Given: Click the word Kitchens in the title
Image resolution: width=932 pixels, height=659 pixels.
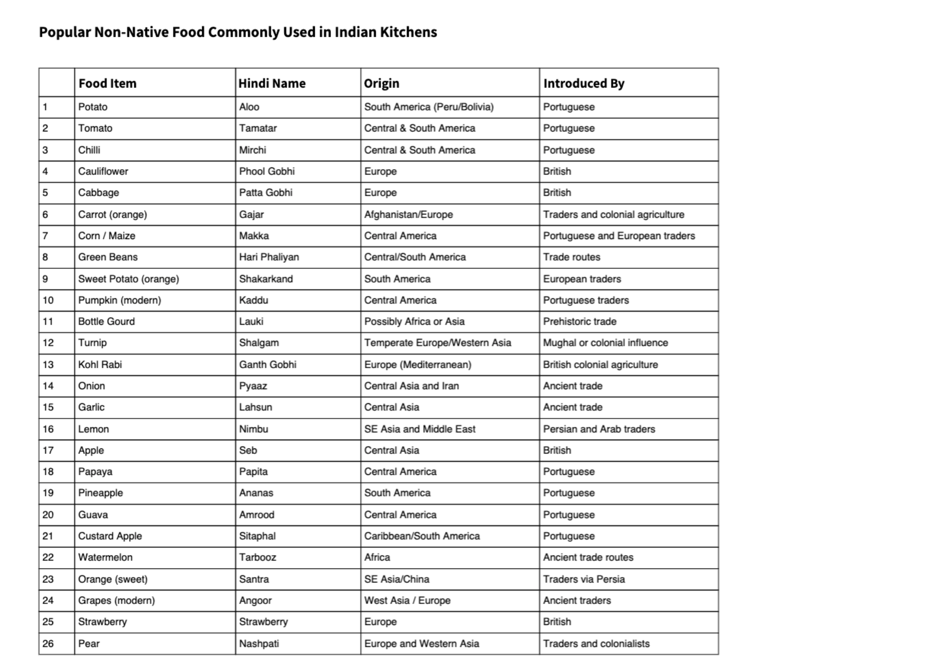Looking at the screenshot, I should click(408, 32).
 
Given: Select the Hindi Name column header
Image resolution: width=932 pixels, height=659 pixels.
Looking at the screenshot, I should click(272, 83).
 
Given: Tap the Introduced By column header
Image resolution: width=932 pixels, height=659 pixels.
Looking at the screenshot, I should click(583, 83).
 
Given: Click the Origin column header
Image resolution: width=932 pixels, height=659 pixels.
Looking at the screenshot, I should click(381, 83).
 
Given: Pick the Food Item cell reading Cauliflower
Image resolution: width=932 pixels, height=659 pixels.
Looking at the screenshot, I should click(103, 172).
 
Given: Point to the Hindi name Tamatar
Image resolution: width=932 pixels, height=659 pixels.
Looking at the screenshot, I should click(258, 128).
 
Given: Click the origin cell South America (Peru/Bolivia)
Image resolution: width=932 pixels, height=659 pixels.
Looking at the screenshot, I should click(428, 107).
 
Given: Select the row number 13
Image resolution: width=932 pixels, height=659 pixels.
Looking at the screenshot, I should click(48, 364).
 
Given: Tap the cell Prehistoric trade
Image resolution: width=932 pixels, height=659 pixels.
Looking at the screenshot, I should click(579, 322).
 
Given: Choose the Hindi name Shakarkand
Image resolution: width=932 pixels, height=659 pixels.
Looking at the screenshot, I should click(266, 279).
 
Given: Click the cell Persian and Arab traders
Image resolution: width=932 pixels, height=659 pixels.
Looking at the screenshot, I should click(599, 429).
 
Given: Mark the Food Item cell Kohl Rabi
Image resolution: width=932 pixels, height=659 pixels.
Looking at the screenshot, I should click(100, 364).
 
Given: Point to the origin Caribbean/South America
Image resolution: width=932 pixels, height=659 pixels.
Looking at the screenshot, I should click(422, 536).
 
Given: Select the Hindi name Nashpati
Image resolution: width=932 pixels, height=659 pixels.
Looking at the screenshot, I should click(259, 644).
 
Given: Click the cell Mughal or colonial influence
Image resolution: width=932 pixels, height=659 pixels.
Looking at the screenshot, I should click(605, 343).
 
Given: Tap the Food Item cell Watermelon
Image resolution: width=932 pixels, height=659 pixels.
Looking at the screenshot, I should click(105, 557).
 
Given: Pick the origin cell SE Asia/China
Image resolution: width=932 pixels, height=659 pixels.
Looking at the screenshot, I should click(397, 579).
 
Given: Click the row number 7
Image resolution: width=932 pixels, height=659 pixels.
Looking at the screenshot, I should click(45, 236).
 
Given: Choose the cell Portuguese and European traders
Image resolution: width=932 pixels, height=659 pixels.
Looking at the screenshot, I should click(618, 236).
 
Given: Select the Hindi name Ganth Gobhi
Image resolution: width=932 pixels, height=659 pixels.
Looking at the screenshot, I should click(267, 364).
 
